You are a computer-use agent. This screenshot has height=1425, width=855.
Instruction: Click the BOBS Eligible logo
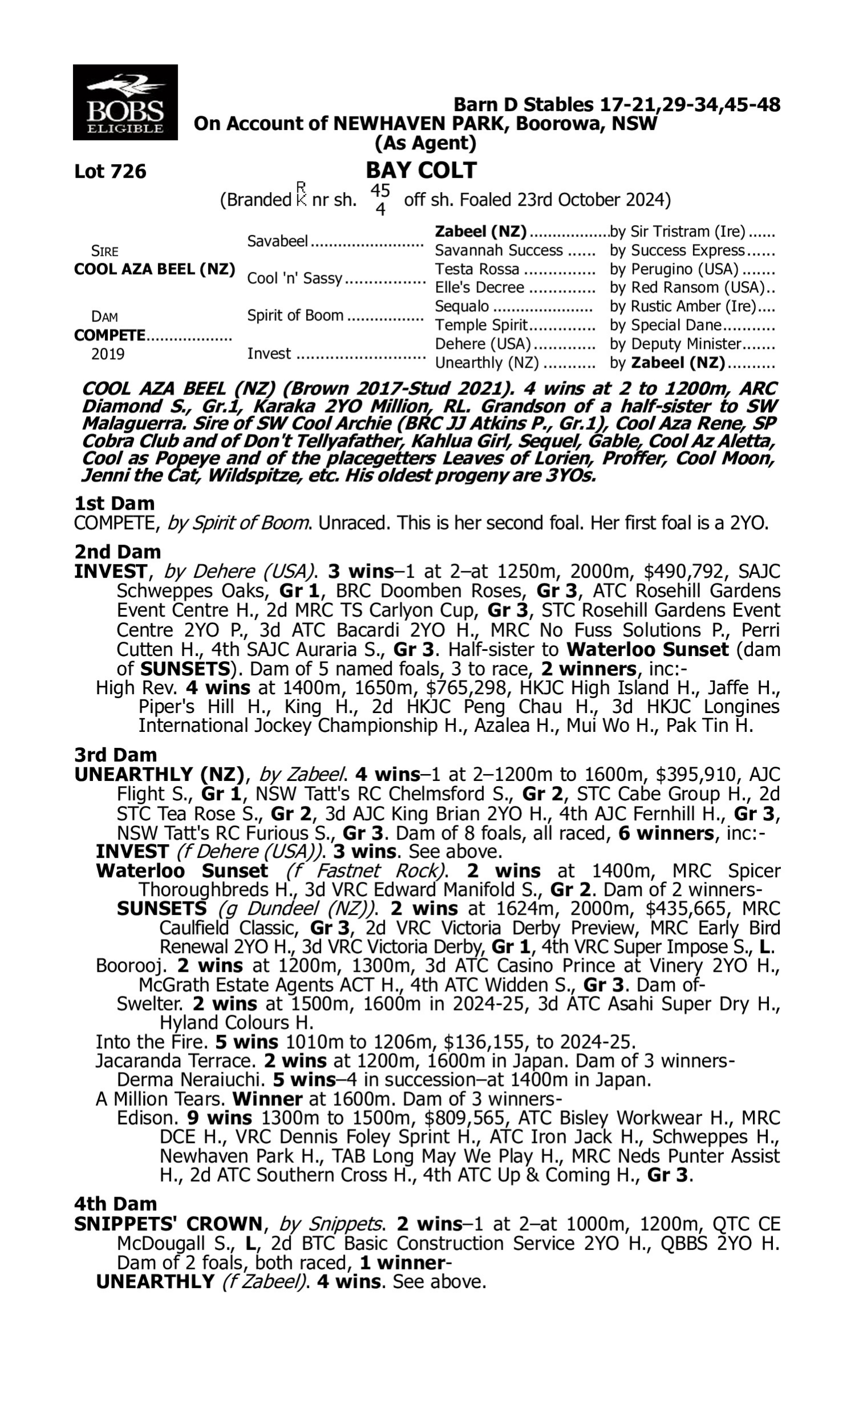(x=125, y=103)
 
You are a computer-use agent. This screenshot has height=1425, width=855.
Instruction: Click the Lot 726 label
(x=110, y=172)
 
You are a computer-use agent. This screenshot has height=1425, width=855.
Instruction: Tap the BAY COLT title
(x=421, y=170)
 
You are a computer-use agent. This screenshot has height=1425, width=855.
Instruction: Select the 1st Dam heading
(x=114, y=503)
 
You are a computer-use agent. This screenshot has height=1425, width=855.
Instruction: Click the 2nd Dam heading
(x=117, y=552)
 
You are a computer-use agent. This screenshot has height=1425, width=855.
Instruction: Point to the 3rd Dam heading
(x=116, y=755)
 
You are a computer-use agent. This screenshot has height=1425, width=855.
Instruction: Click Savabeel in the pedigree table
(x=278, y=241)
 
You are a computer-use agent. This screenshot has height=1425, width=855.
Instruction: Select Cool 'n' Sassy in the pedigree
(x=295, y=278)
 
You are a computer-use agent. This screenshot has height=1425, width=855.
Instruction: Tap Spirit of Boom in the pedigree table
(x=295, y=316)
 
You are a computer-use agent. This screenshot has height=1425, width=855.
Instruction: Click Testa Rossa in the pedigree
(x=477, y=269)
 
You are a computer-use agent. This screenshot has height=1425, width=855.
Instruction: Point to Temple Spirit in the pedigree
(x=481, y=325)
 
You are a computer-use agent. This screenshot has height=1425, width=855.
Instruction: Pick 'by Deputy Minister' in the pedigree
(x=675, y=344)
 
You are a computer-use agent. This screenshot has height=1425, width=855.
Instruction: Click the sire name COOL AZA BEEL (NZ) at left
(x=154, y=270)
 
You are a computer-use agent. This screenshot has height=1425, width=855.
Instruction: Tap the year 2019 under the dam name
(x=108, y=353)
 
